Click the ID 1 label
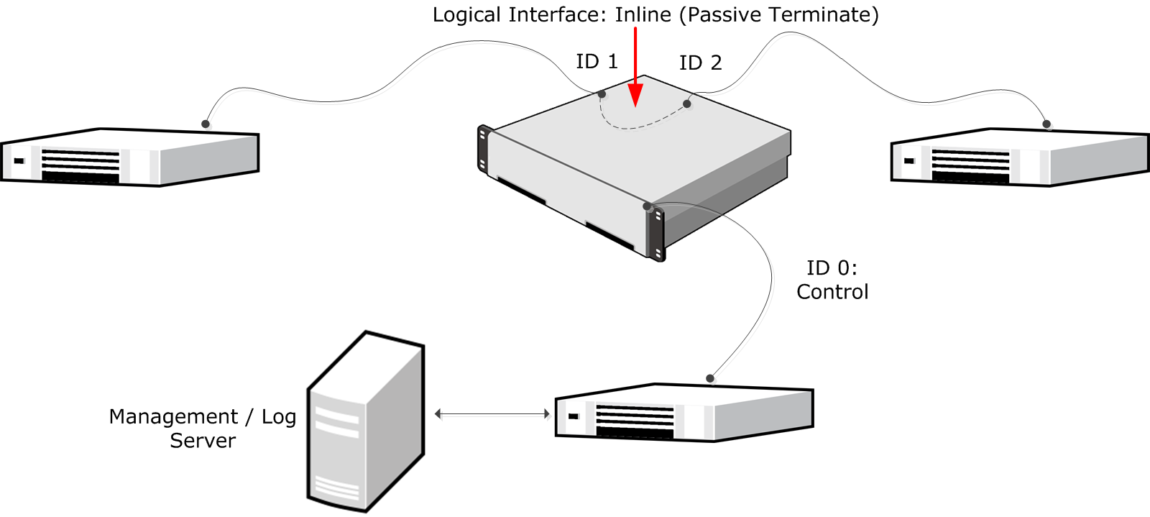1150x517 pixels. click(597, 62)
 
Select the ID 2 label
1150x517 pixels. click(700, 63)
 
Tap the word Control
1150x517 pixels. click(832, 292)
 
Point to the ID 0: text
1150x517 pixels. click(832, 268)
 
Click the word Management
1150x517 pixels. click(173, 417)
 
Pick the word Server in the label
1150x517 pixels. click(203, 441)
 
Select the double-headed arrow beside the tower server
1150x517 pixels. click(492, 414)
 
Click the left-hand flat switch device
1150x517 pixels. click(129, 158)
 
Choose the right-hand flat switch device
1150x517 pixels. click(1020, 158)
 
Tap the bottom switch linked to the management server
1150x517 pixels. click(684, 413)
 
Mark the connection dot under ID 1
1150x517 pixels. click(602, 94)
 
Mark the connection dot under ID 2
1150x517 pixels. click(687, 104)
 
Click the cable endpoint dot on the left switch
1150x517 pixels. click(206, 124)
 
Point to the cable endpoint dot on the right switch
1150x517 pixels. click(1046, 124)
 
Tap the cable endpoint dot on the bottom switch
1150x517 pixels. click(710, 378)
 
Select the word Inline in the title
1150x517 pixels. click(643, 15)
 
